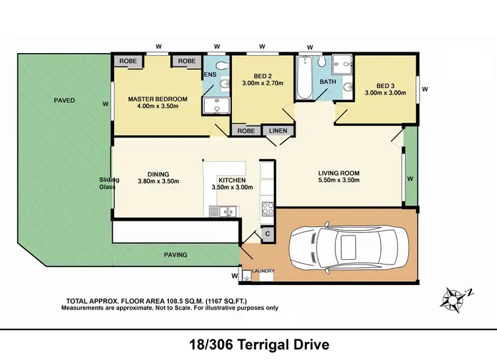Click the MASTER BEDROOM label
tap(158, 99)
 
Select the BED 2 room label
tap(262, 75)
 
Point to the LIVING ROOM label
tap(338, 174)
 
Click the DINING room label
tap(158, 175)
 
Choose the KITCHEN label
tap(233, 180)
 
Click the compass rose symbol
tap(455, 298)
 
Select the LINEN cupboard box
tap(278, 131)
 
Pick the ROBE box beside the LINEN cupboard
tap(246, 131)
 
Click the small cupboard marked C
tap(268, 234)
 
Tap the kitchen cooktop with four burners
tap(267, 209)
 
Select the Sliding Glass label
tap(107, 183)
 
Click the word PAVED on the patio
tap(64, 101)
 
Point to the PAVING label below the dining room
tap(176, 254)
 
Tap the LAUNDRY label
tap(262, 270)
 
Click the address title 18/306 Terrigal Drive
tap(248, 345)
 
